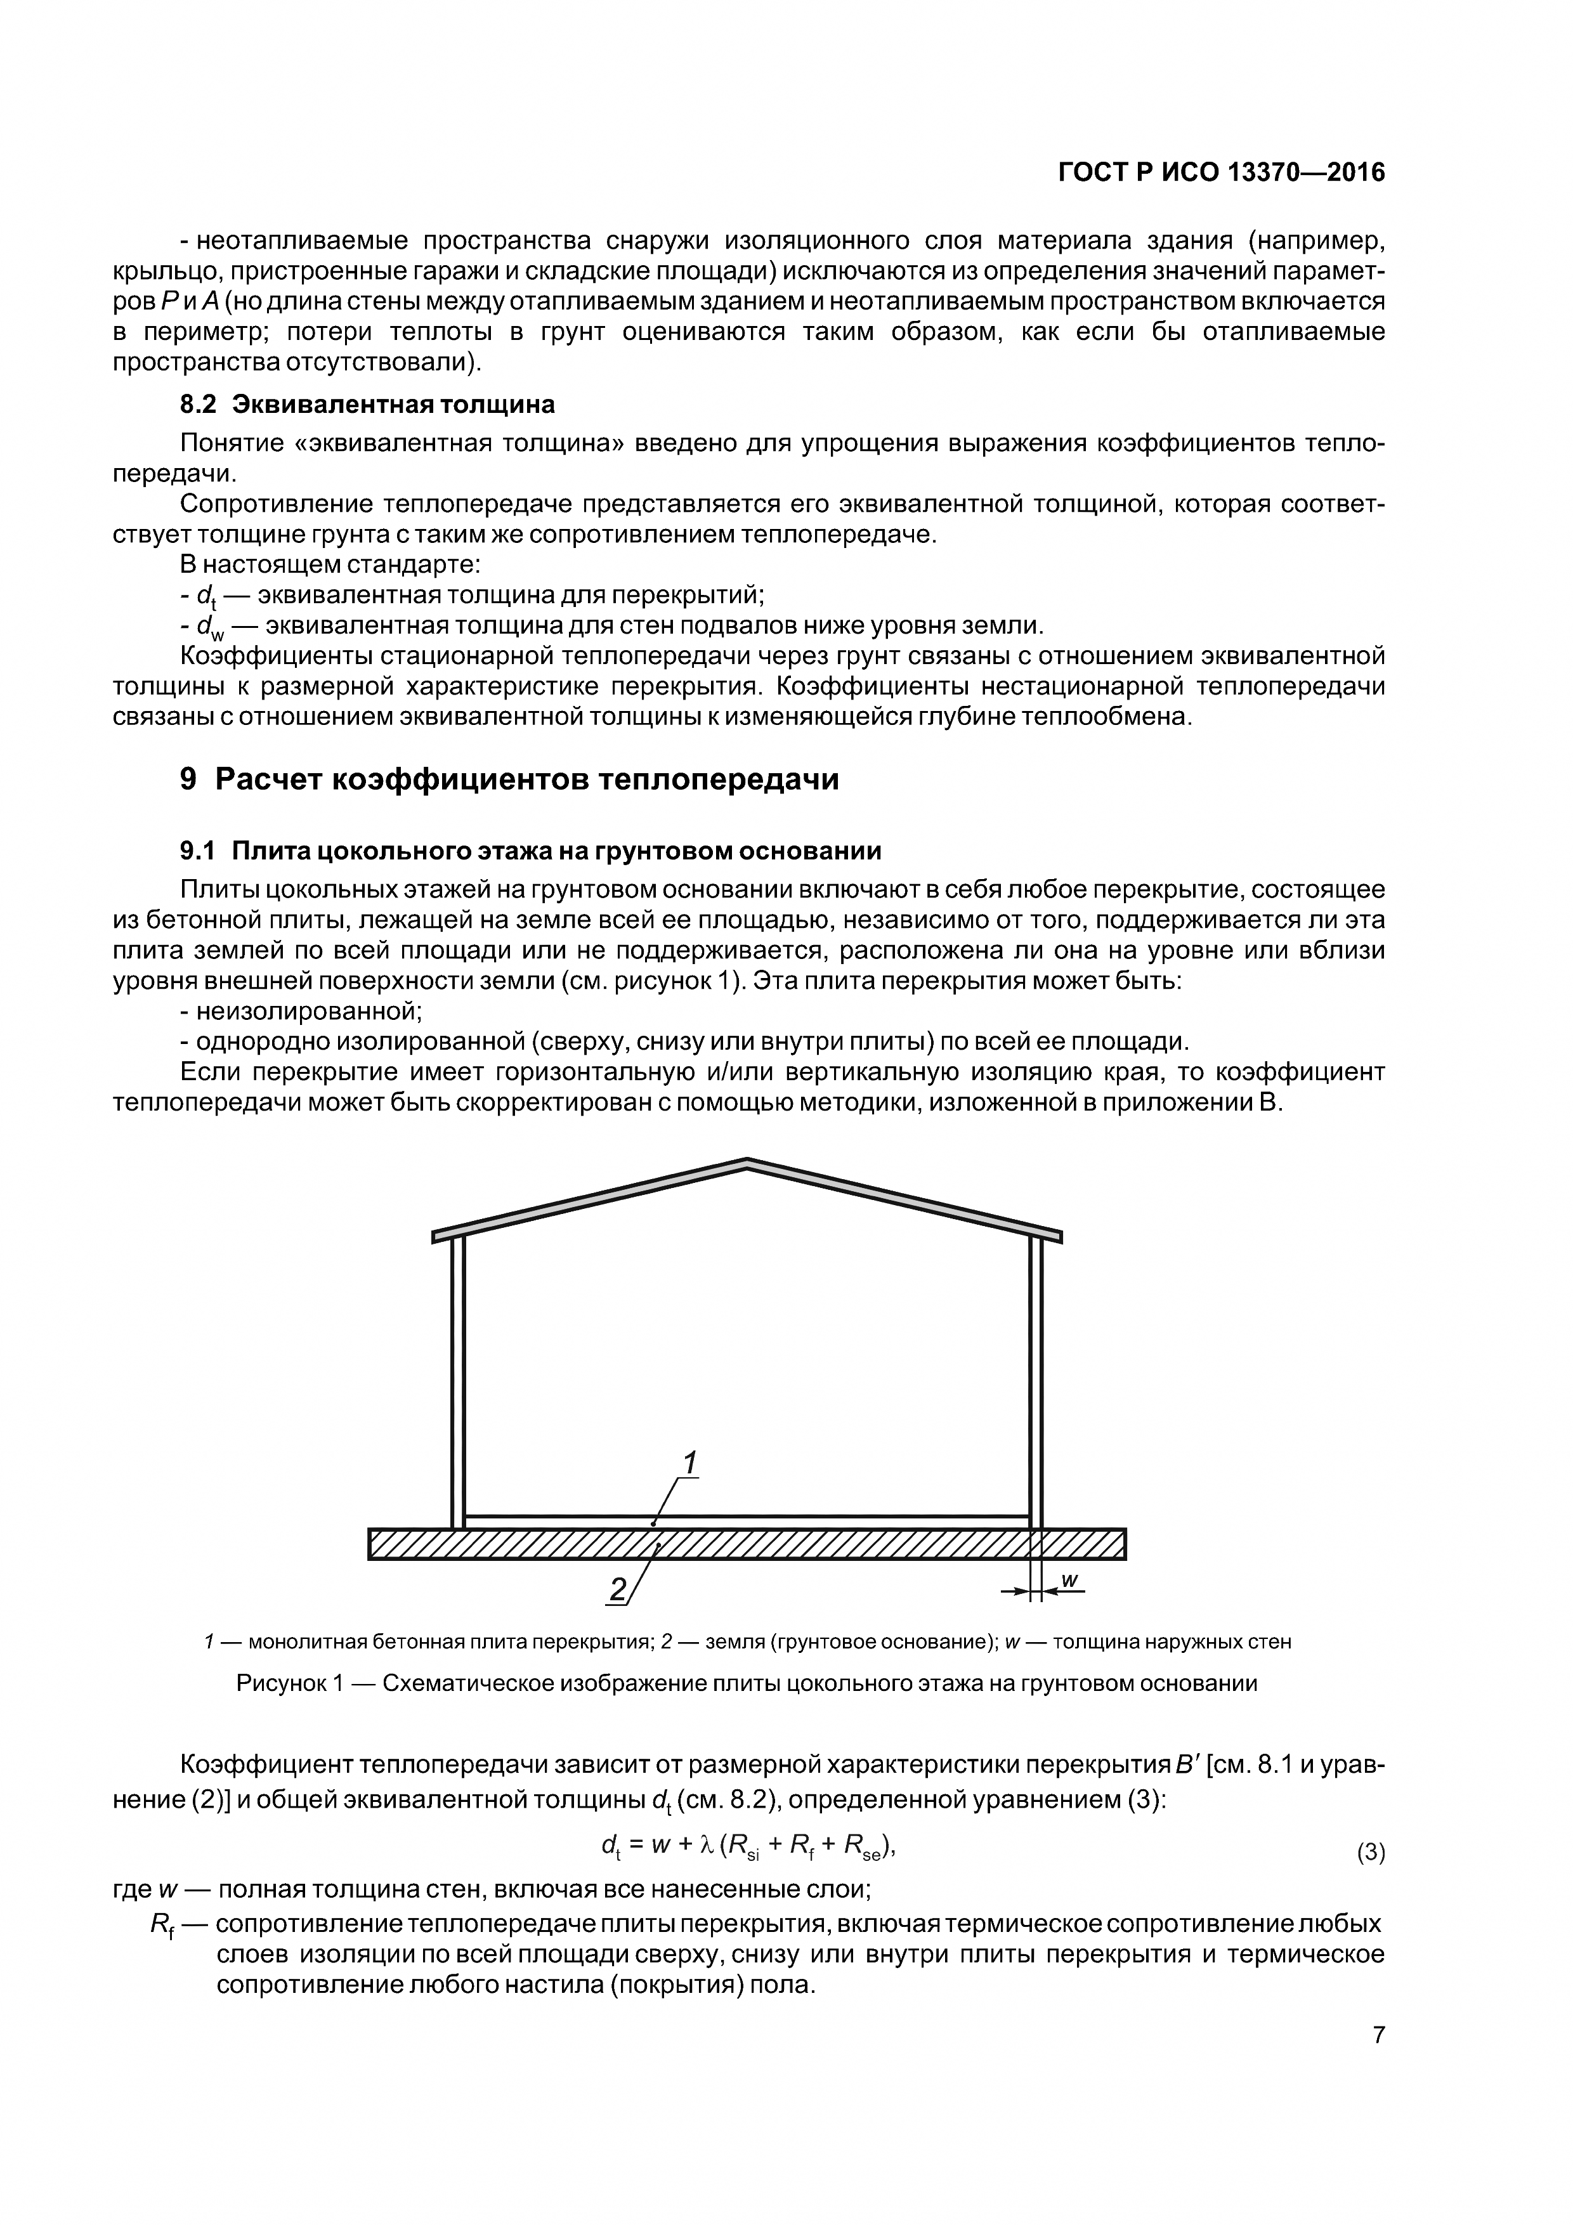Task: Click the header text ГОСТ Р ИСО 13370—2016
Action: (x=1221, y=173)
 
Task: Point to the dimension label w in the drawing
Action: (x=1068, y=1579)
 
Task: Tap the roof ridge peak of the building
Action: (x=747, y=1163)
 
